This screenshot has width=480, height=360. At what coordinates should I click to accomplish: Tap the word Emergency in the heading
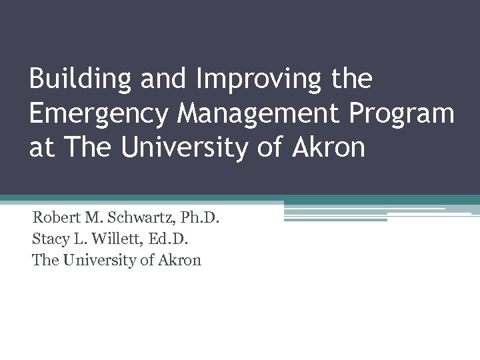pos(98,115)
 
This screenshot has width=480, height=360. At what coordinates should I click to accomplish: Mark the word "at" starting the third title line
pos(41,148)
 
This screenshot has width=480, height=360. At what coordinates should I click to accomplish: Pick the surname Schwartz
pos(136,217)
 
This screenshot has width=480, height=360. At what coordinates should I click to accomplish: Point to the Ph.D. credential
pos(198,217)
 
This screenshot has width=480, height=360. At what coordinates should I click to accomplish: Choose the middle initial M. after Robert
pos(93,217)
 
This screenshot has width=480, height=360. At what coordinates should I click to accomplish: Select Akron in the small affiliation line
pos(179,260)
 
